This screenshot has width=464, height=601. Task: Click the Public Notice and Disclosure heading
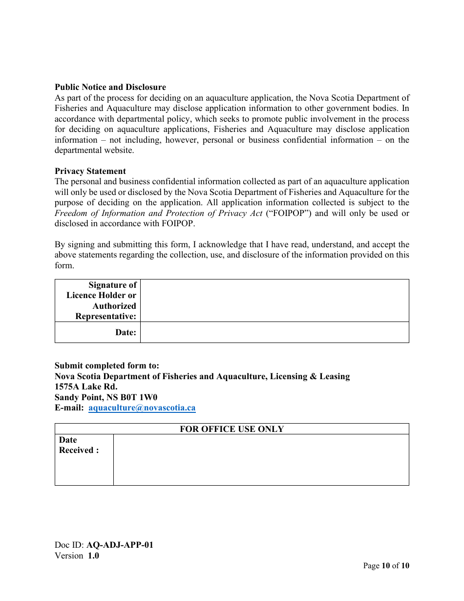(110, 87)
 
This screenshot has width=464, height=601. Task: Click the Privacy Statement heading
(90, 171)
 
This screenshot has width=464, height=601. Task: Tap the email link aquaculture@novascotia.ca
(142, 408)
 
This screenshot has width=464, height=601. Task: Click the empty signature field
(274, 300)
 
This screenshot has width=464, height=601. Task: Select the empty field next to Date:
(274, 332)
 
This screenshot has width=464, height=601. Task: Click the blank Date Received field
(261, 459)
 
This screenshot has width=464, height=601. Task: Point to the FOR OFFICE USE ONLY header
(232, 429)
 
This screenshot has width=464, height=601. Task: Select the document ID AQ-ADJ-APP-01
(120, 545)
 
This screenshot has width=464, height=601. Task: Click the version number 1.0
(93, 556)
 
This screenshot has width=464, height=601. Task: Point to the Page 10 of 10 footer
(386, 566)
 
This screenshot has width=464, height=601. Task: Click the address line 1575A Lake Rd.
(86, 386)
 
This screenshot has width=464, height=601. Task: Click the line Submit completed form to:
(107, 365)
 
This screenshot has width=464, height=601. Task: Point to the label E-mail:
(69, 408)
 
